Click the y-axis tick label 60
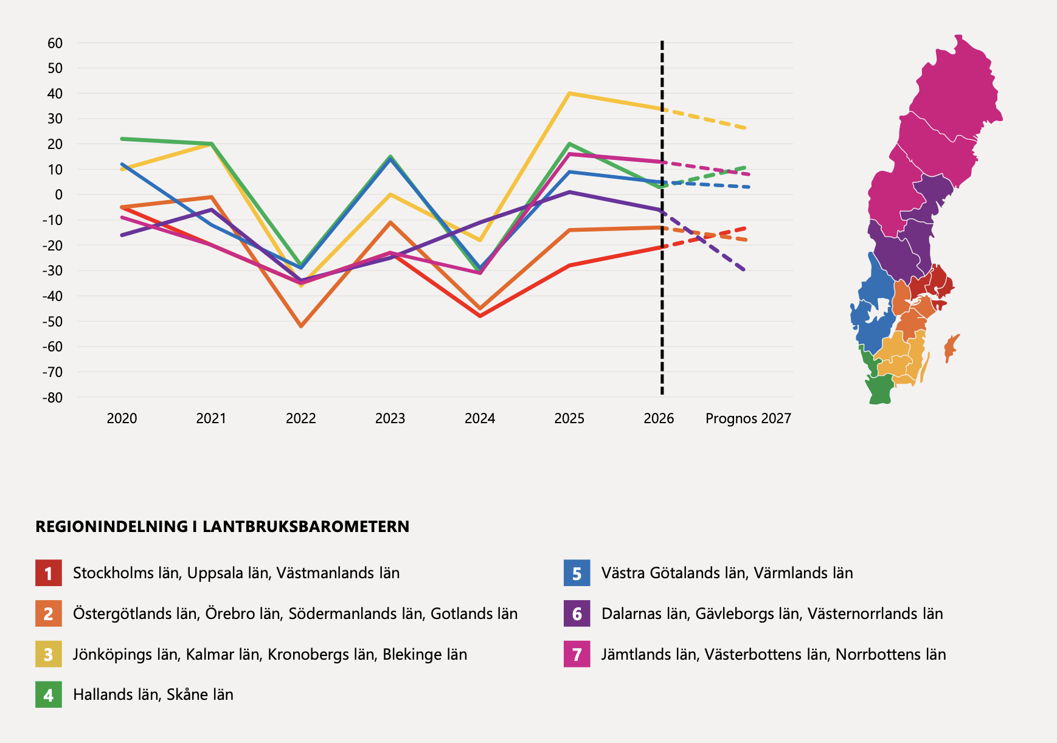point(55,43)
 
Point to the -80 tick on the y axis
point(52,398)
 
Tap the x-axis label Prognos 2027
point(748,418)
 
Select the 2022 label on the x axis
point(300,418)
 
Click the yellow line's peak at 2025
point(569,93)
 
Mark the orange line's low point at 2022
point(301,327)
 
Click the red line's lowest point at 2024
point(480,316)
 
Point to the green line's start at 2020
point(122,139)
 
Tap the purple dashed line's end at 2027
point(745,270)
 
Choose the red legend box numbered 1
point(49,573)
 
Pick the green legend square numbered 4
point(49,694)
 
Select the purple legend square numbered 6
point(577,613)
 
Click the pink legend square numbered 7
point(577,654)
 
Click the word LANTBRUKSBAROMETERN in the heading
point(306,527)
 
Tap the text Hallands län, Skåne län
point(153,694)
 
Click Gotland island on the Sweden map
point(951,348)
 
